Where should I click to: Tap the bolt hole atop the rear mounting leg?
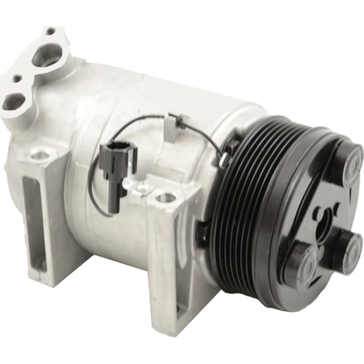(x=40, y=156)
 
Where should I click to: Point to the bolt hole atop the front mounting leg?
(x=164, y=196)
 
